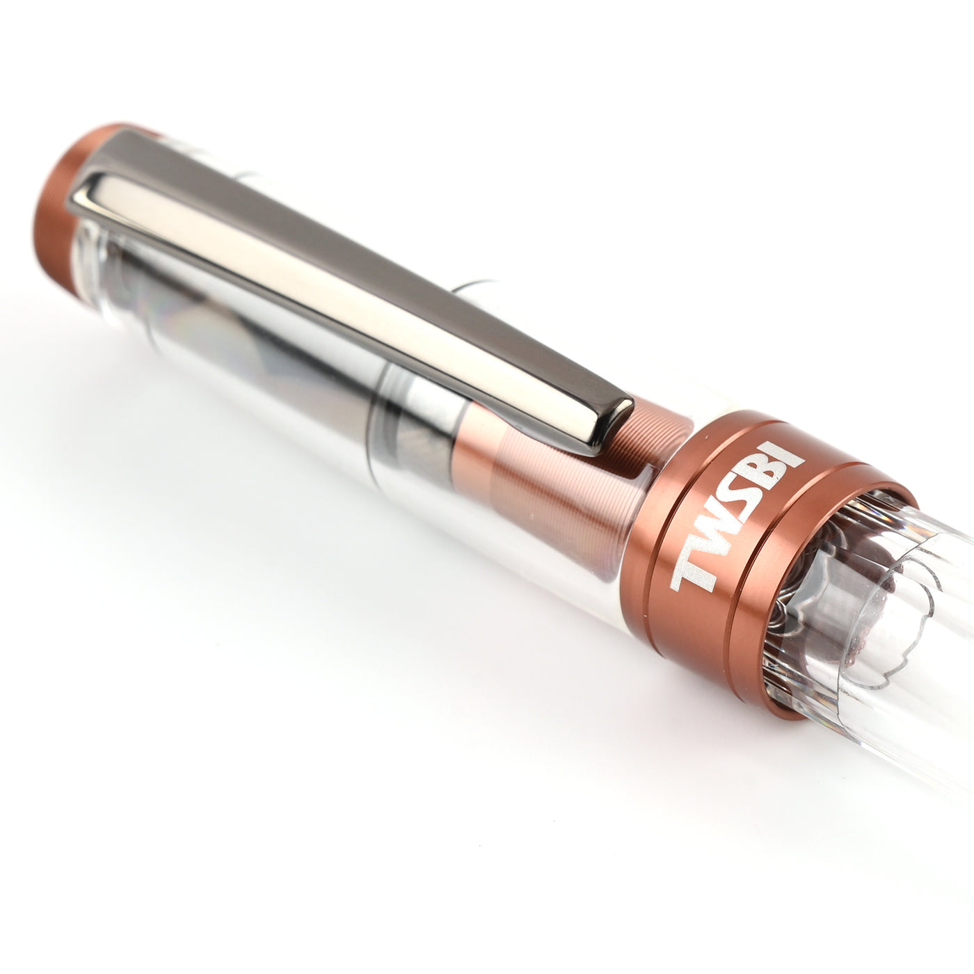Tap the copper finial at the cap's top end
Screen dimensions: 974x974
click(61, 212)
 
